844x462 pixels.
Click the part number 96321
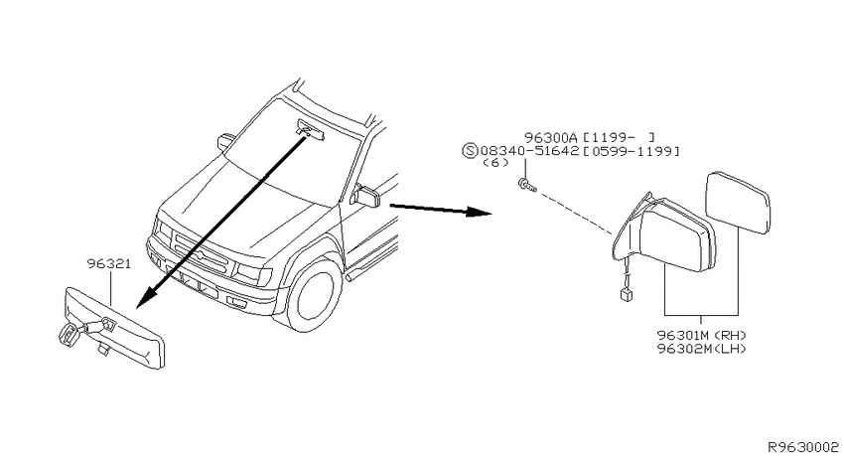tap(109, 264)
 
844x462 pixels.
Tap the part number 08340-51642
tap(529, 151)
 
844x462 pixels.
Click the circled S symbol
tap(470, 151)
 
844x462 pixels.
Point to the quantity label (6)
tap(495, 163)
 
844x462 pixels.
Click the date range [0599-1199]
tap(631, 151)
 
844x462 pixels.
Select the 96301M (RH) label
tap(702, 336)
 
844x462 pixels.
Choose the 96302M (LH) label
tap(702, 349)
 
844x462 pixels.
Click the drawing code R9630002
tap(803, 447)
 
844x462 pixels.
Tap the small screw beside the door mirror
tap(527, 186)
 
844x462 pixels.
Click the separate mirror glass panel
tap(738, 203)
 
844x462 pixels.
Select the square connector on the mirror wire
tap(625, 294)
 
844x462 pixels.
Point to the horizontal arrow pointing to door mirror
tap(440, 209)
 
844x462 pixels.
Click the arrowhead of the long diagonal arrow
tap(145, 300)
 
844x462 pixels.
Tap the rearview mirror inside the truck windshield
tap(311, 130)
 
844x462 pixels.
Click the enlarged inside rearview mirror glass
tap(114, 328)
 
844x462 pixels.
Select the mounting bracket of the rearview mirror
tap(72, 334)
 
